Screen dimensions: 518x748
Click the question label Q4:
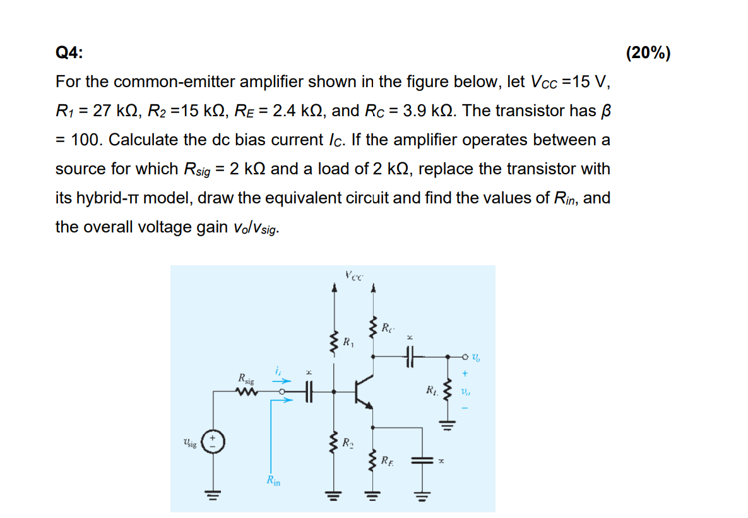pos(68,53)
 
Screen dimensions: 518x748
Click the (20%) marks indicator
pos(648,53)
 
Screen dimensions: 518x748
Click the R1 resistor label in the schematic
pos(348,342)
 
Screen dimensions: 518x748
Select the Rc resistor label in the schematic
pos(388,328)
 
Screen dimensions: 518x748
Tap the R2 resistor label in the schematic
pos(348,442)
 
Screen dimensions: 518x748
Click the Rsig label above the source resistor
pos(246,379)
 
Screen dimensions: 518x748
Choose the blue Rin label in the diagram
pos(273,481)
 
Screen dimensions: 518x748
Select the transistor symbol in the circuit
pos(364,392)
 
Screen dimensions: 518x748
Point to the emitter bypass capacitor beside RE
pos(420,462)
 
